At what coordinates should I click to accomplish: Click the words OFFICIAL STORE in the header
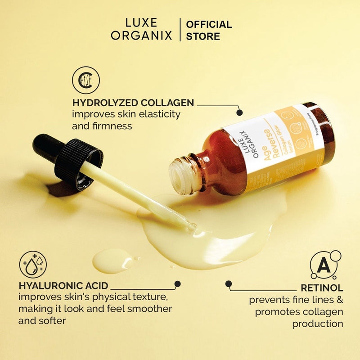[209, 30]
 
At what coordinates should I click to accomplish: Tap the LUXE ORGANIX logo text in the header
[141, 30]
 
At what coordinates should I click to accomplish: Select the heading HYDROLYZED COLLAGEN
[133, 103]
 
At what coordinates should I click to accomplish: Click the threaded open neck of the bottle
[182, 173]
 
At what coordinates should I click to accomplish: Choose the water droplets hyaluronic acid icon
[33, 265]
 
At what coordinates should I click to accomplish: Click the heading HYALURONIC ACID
[63, 285]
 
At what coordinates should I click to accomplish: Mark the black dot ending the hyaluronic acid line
[178, 284]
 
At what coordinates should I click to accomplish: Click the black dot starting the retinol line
[229, 284]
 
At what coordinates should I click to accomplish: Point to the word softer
[53, 321]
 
